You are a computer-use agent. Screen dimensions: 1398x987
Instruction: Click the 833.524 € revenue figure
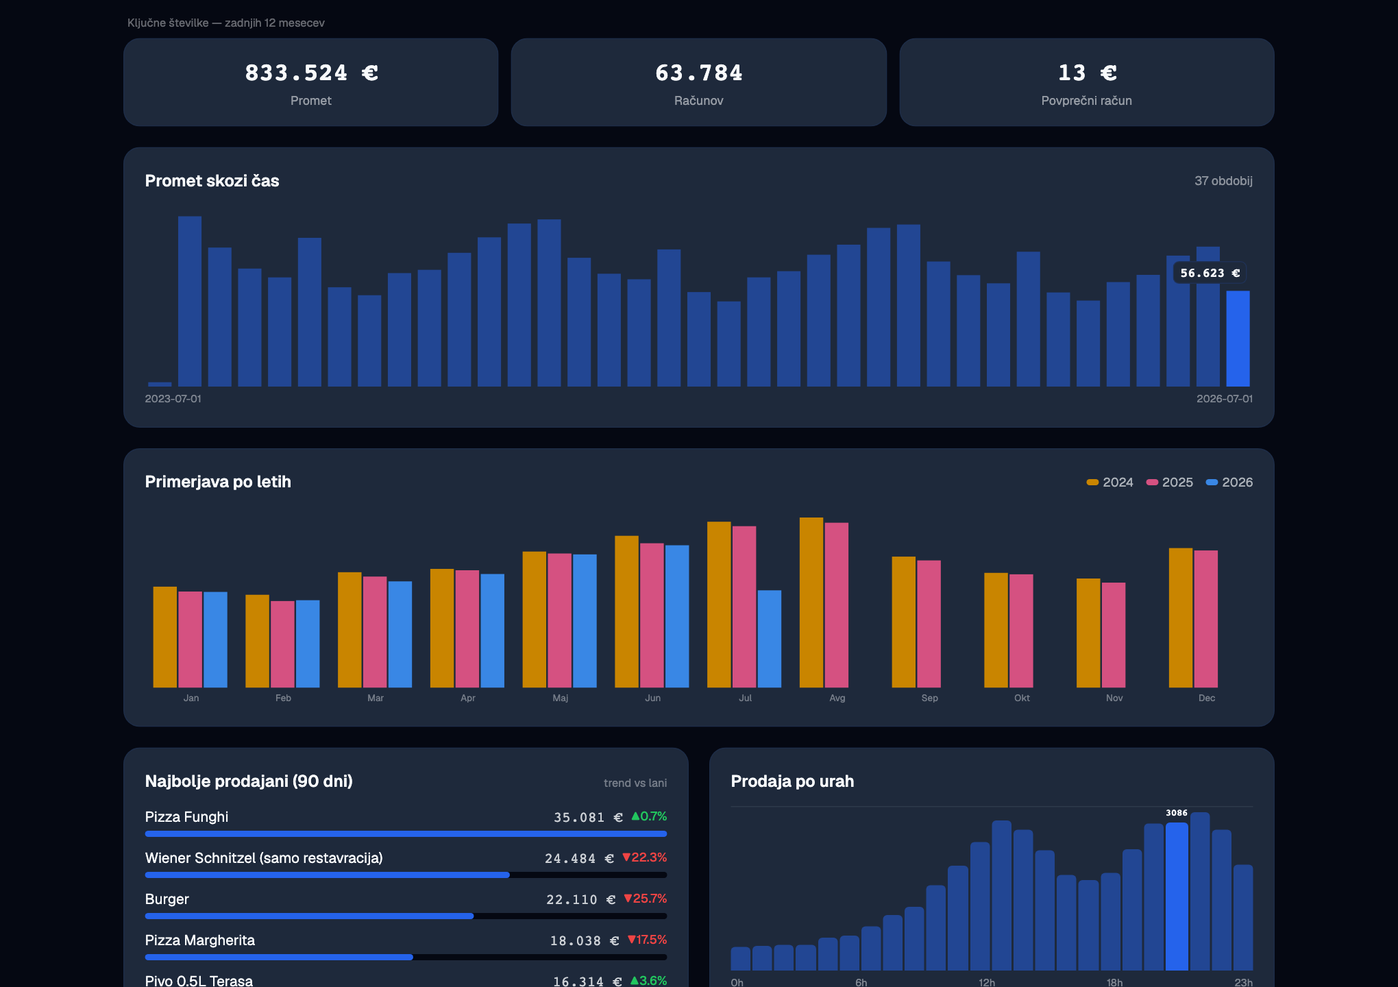click(312, 73)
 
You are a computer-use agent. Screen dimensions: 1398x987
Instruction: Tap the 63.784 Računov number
click(699, 73)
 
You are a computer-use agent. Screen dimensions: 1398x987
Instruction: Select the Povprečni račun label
click(1086, 101)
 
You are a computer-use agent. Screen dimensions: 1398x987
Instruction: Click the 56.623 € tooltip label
click(1210, 273)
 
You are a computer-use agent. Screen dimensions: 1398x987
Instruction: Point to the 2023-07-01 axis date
click(173, 399)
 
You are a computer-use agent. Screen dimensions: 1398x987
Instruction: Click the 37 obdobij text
click(1223, 181)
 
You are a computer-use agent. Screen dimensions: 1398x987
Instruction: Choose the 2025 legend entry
click(1170, 483)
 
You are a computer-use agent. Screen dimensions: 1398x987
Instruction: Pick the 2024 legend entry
click(1110, 483)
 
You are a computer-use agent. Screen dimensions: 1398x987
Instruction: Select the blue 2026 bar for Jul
click(769, 639)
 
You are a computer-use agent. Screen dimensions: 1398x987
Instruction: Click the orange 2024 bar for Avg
click(811, 602)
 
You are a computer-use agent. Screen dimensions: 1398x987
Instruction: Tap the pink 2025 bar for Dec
click(1205, 619)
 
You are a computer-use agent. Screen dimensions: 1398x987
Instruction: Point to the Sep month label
click(929, 698)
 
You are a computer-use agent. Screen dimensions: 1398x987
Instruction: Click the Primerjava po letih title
click(218, 482)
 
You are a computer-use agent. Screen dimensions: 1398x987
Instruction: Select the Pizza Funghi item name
click(186, 817)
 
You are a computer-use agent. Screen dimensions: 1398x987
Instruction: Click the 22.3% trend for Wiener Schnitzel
click(644, 857)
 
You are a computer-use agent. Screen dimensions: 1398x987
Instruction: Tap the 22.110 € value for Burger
click(580, 899)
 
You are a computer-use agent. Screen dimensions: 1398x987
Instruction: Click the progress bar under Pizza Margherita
click(406, 957)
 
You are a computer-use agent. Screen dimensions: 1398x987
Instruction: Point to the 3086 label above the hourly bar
click(1177, 813)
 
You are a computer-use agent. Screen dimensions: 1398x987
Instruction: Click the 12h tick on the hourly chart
click(987, 982)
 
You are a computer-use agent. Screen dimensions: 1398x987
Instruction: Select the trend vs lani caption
click(635, 783)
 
